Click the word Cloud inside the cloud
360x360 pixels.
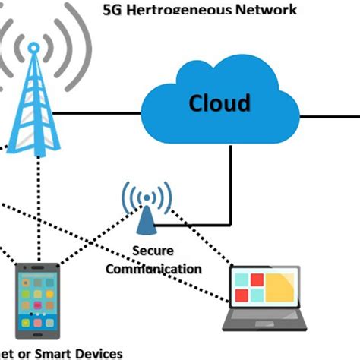[219, 102]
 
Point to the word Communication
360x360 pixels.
[154, 268]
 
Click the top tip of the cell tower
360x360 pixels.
[33, 46]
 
